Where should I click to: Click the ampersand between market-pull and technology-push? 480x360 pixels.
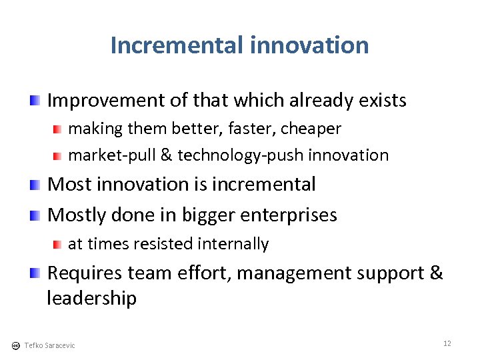tap(166, 155)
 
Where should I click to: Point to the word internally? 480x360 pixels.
tap(235, 244)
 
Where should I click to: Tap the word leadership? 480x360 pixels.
tap(91, 298)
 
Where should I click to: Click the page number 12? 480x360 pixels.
tap(447, 343)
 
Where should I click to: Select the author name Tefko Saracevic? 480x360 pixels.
tap(49, 345)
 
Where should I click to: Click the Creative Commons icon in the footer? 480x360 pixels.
tap(15, 345)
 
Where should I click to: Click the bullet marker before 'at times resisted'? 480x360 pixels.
tap(59, 244)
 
